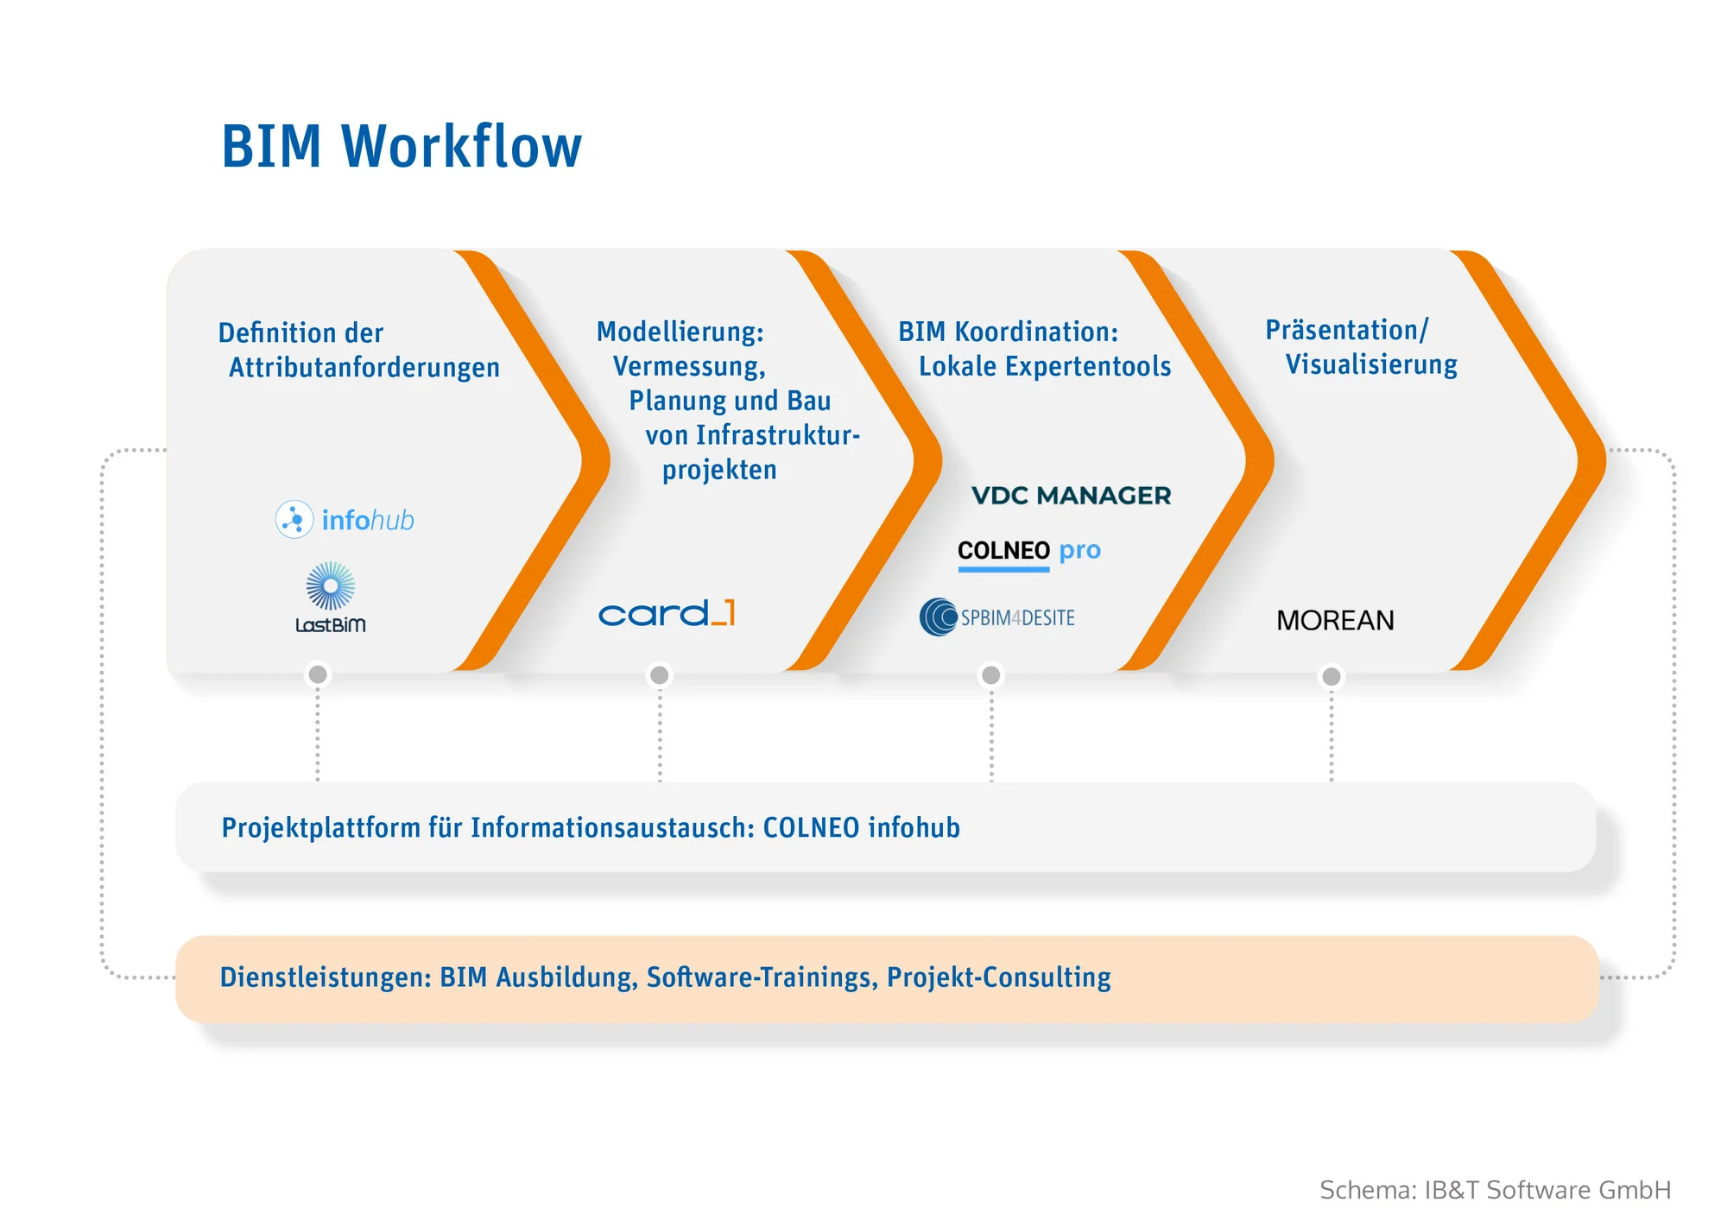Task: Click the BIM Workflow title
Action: tap(402, 146)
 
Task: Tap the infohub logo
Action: tap(345, 520)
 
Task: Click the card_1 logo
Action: tap(667, 613)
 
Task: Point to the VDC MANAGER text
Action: tap(1071, 496)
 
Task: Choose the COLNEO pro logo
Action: tap(1028, 551)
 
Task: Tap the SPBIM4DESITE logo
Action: tap(997, 617)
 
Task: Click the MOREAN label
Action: tap(1335, 620)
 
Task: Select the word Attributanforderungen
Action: tap(364, 368)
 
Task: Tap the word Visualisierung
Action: tap(1371, 364)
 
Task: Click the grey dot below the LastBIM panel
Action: tap(318, 674)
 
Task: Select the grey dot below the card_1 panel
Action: tap(660, 675)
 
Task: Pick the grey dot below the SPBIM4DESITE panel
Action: tap(991, 675)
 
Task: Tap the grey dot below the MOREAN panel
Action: tap(1332, 676)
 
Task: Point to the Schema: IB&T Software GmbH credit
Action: tap(1495, 1190)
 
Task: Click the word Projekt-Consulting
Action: tap(998, 977)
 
